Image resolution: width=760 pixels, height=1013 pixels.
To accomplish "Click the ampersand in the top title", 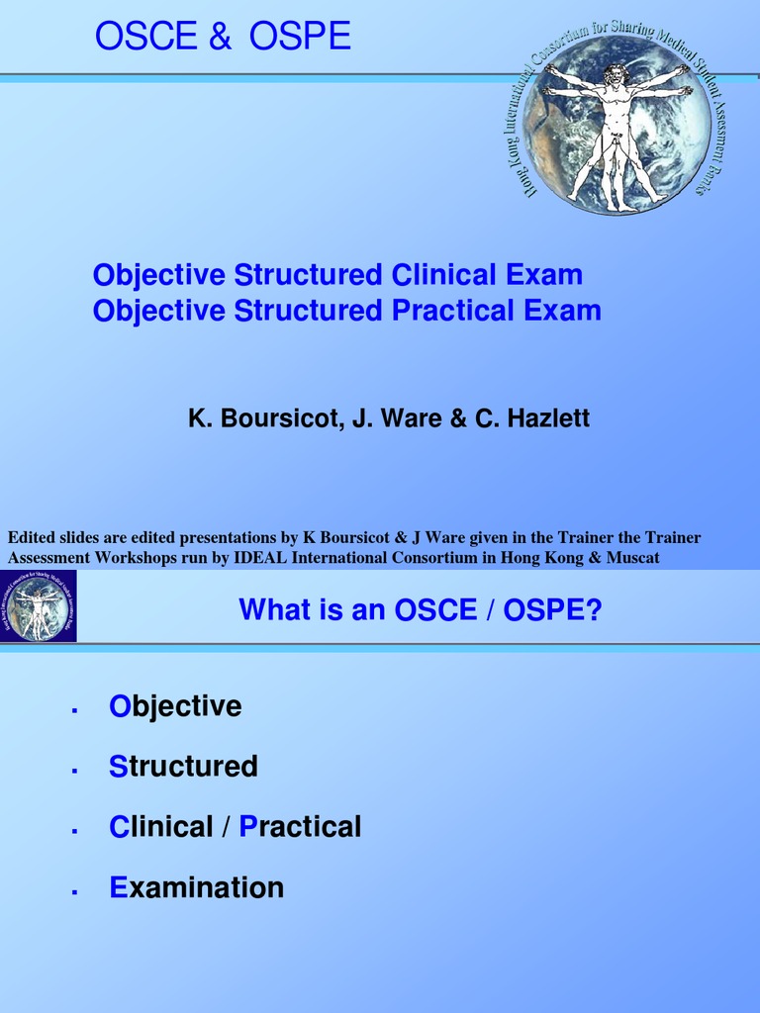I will [x=220, y=37].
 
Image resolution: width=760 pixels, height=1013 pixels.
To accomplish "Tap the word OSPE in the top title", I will [x=300, y=37].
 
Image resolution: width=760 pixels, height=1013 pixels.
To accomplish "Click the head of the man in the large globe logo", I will [x=616, y=75].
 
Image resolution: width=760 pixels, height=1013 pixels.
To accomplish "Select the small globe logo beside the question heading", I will [x=39, y=606].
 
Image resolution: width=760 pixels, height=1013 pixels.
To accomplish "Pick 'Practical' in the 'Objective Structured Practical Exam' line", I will [x=453, y=311].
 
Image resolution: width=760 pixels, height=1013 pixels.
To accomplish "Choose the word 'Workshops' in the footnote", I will [x=140, y=557].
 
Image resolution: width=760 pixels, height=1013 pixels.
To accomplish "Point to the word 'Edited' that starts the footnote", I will [x=32, y=538].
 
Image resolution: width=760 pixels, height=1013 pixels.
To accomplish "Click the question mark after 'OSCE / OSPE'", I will [x=594, y=610].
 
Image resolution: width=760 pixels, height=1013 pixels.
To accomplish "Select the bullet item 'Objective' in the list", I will [x=175, y=706].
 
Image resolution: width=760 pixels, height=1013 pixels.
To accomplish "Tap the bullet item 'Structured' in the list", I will [x=183, y=767].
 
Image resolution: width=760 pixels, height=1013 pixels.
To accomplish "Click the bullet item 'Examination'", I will [x=196, y=887].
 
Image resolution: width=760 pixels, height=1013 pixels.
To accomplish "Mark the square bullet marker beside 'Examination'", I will [x=74, y=892].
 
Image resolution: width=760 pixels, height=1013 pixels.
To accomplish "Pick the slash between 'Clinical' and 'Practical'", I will [x=227, y=827].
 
